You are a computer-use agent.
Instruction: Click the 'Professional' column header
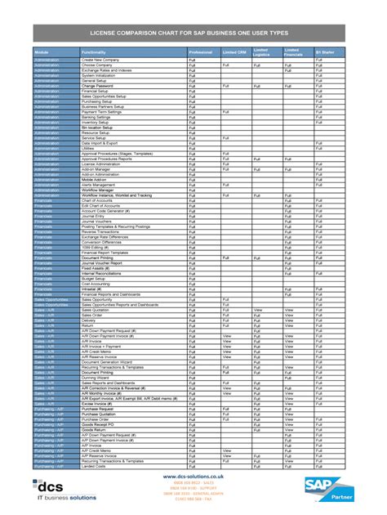(201, 52)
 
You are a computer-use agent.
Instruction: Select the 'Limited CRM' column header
(235, 52)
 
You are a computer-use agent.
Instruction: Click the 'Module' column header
(42, 52)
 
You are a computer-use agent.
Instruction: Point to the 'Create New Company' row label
(101, 60)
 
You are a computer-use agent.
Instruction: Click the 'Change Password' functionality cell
(99, 85)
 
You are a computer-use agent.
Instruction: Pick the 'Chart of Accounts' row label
(99, 200)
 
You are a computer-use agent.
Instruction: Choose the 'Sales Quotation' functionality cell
(96, 310)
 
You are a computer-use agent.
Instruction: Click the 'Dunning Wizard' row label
(96, 377)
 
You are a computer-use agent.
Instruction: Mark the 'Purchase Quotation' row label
(100, 414)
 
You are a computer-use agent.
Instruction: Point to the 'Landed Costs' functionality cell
(95, 466)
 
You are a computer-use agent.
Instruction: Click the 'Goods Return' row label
(96, 429)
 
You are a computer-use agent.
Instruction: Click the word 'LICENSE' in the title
(115, 31)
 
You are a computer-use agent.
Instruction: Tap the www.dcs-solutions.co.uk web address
(193, 475)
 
